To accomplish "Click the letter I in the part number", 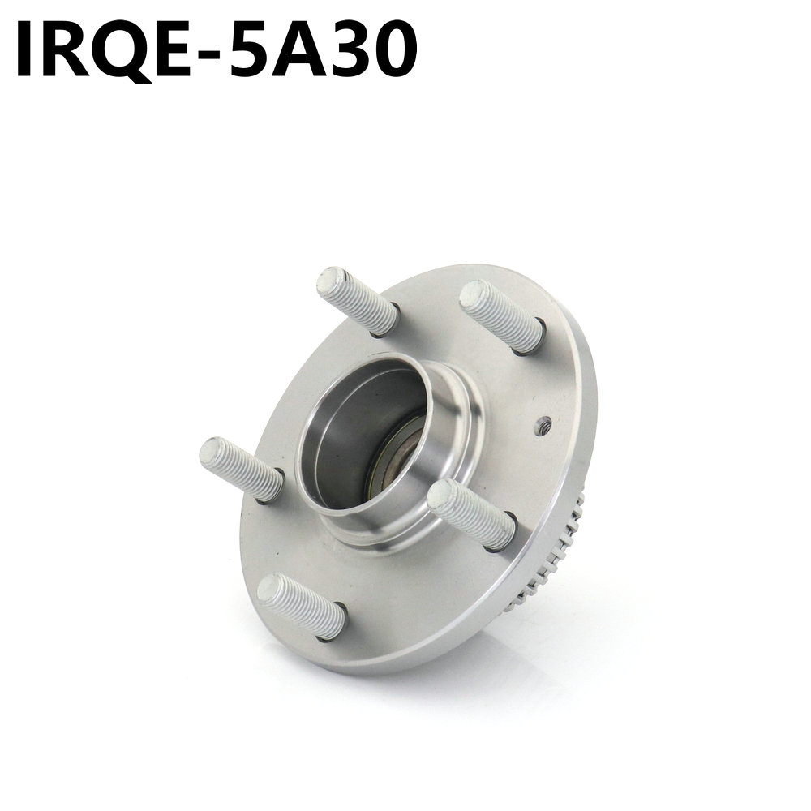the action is point(27,50).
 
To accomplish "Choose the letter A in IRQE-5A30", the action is point(300,50).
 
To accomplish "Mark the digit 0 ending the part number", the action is point(395,50).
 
